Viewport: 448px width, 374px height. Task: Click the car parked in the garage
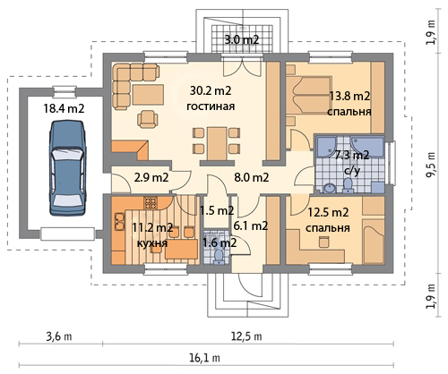[x=67, y=167]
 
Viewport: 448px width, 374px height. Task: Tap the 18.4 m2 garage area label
[x=64, y=108]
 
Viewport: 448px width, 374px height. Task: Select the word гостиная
[x=211, y=106]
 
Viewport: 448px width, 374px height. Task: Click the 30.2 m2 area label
[x=211, y=90]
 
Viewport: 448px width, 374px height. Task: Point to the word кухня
[x=152, y=243]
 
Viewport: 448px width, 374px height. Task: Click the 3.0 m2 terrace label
[x=241, y=39]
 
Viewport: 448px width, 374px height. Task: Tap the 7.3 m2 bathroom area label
[x=352, y=155]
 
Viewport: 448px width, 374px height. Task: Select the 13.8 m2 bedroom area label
[x=349, y=96]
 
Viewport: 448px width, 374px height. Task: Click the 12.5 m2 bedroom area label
[x=328, y=213]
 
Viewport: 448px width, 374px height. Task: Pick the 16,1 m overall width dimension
[x=204, y=357]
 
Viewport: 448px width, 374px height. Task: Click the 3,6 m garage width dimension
[x=59, y=336]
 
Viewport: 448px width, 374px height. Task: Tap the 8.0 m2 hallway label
[x=252, y=177]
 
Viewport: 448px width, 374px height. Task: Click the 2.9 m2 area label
[x=151, y=177]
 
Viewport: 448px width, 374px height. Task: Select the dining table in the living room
[x=217, y=143]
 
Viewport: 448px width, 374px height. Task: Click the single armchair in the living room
[x=148, y=119]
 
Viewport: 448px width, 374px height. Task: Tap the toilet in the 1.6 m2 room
[x=219, y=257]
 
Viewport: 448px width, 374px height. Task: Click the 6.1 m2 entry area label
[x=250, y=225]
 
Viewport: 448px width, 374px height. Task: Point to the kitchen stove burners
[x=151, y=203]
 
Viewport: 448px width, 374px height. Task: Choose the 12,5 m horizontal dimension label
[x=246, y=336]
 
